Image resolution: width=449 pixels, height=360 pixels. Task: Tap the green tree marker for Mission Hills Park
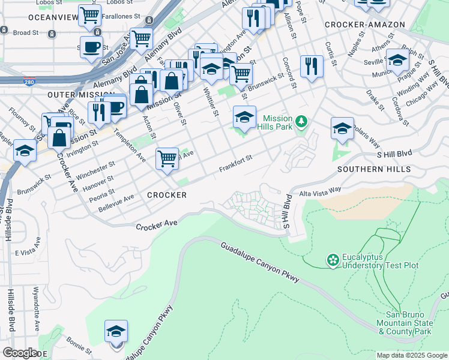303,123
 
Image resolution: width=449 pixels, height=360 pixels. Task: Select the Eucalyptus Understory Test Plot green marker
332,260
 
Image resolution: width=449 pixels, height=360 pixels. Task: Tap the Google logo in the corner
20,353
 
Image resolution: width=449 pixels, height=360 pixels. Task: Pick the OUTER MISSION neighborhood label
82,95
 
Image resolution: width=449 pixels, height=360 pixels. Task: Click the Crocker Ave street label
157,225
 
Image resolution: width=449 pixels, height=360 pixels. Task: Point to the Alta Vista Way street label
320,190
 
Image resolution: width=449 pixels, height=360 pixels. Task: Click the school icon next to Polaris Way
342,128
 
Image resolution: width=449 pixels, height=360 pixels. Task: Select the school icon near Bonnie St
116,331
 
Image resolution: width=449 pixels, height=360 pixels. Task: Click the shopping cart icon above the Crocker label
167,159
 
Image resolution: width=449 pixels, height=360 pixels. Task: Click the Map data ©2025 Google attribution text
412,355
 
